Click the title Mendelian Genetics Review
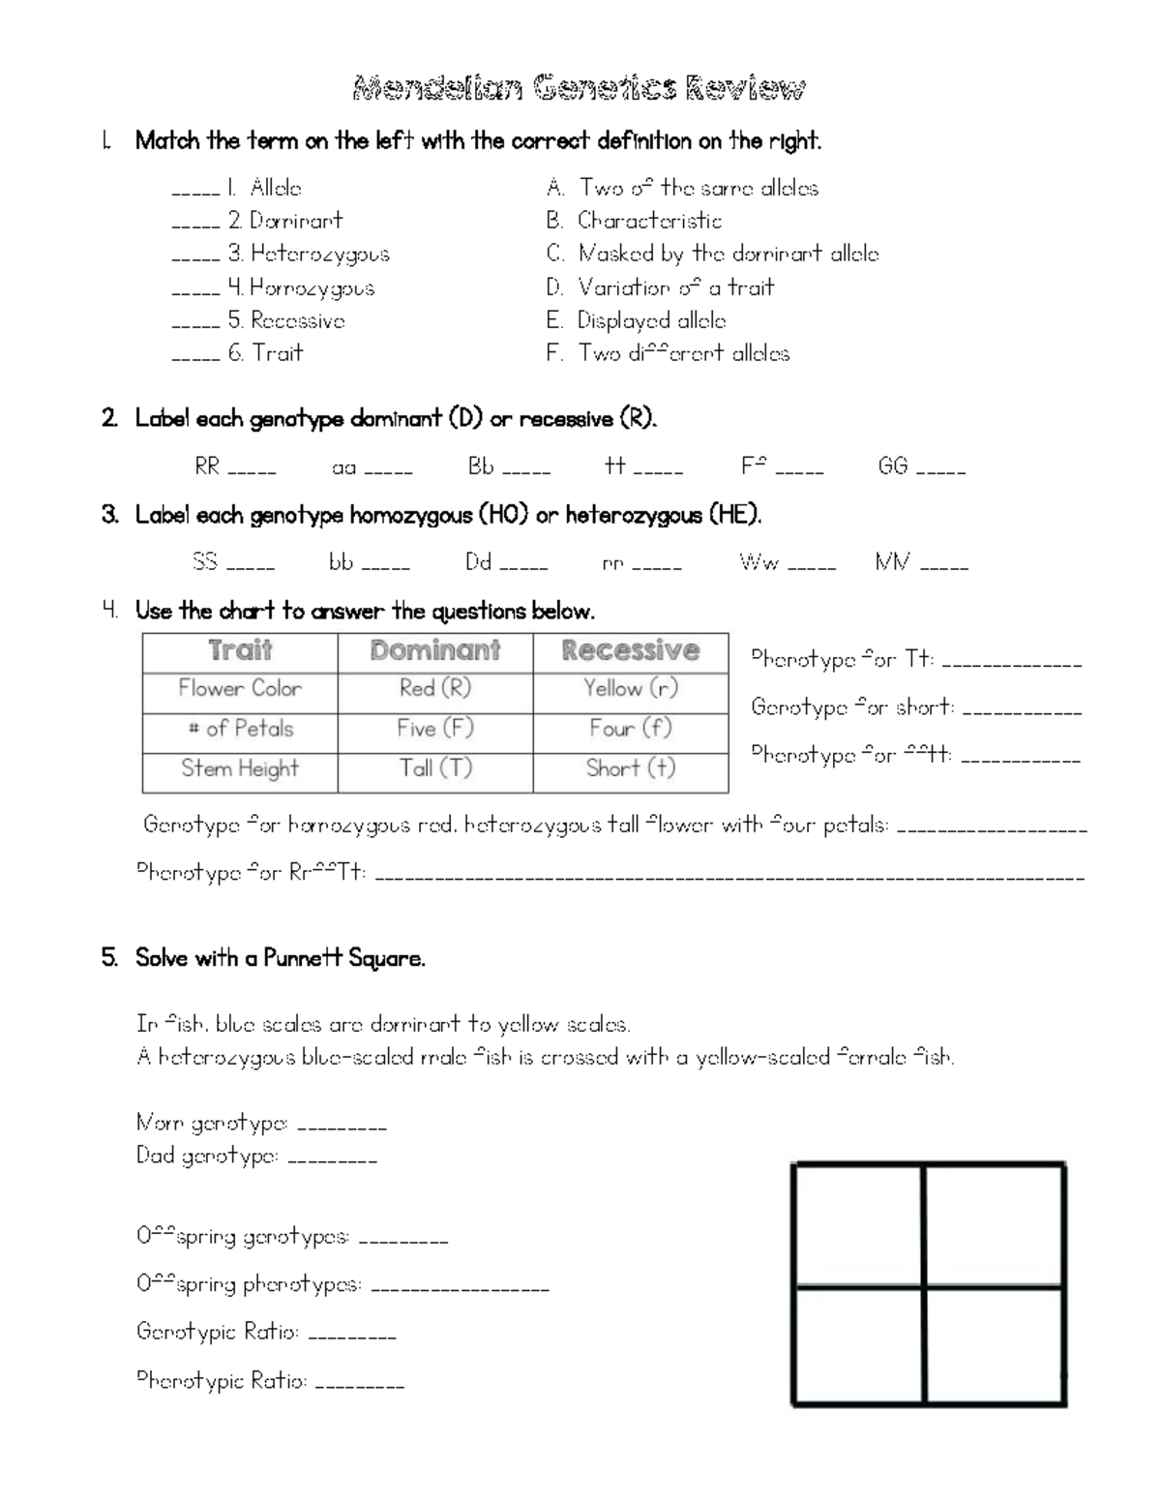coord(579,89)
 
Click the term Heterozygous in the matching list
coord(319,254)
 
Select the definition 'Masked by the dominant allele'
coord(728,254)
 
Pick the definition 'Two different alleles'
coord(683,353)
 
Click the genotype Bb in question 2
coord(481,466)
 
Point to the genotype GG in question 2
coord(892,466)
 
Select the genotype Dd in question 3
coord(479,561)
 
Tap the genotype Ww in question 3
coord(759,561)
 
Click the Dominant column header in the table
coord(435,650)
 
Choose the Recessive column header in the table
coord(631,650)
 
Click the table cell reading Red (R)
coord(435,688)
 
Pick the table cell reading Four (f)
coord(631,728)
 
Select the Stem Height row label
coord(240,768)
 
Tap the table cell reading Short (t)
coord(631,768)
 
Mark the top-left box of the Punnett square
coord(857,1225)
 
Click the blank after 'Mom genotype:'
coord(342,1127)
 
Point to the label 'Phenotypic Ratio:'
coord(222,1380)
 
